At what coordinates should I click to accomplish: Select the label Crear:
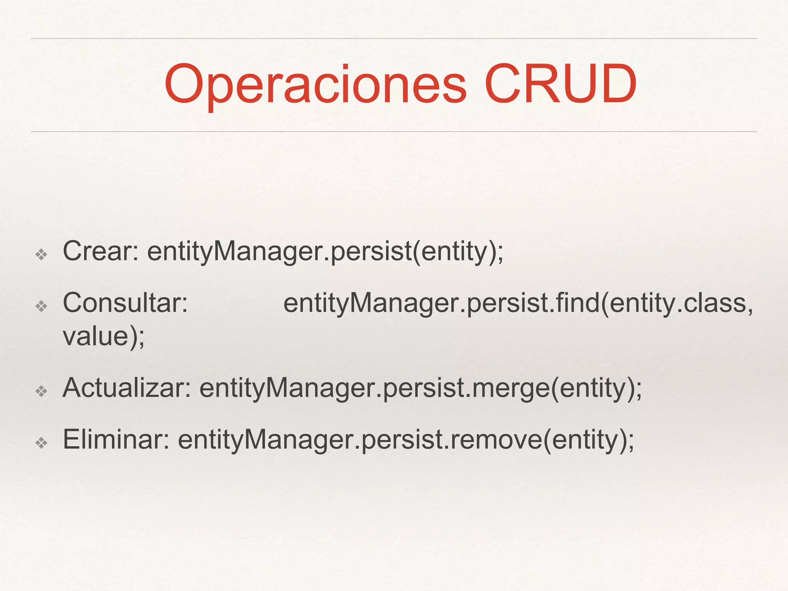[101, 251]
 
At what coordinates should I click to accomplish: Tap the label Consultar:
[125, 303]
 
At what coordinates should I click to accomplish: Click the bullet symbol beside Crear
[41, 254]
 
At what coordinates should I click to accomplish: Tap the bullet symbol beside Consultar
[41, 306]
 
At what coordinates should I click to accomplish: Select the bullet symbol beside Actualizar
[41, 391]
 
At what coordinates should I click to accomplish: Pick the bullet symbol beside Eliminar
[41, 443]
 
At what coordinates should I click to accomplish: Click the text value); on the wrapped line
[104, 336]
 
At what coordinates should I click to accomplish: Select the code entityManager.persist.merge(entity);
[421, 389]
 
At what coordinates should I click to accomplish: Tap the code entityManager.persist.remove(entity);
[406, 440]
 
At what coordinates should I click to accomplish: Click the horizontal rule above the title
[394, 38]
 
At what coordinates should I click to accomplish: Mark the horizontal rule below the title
[394, 132]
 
